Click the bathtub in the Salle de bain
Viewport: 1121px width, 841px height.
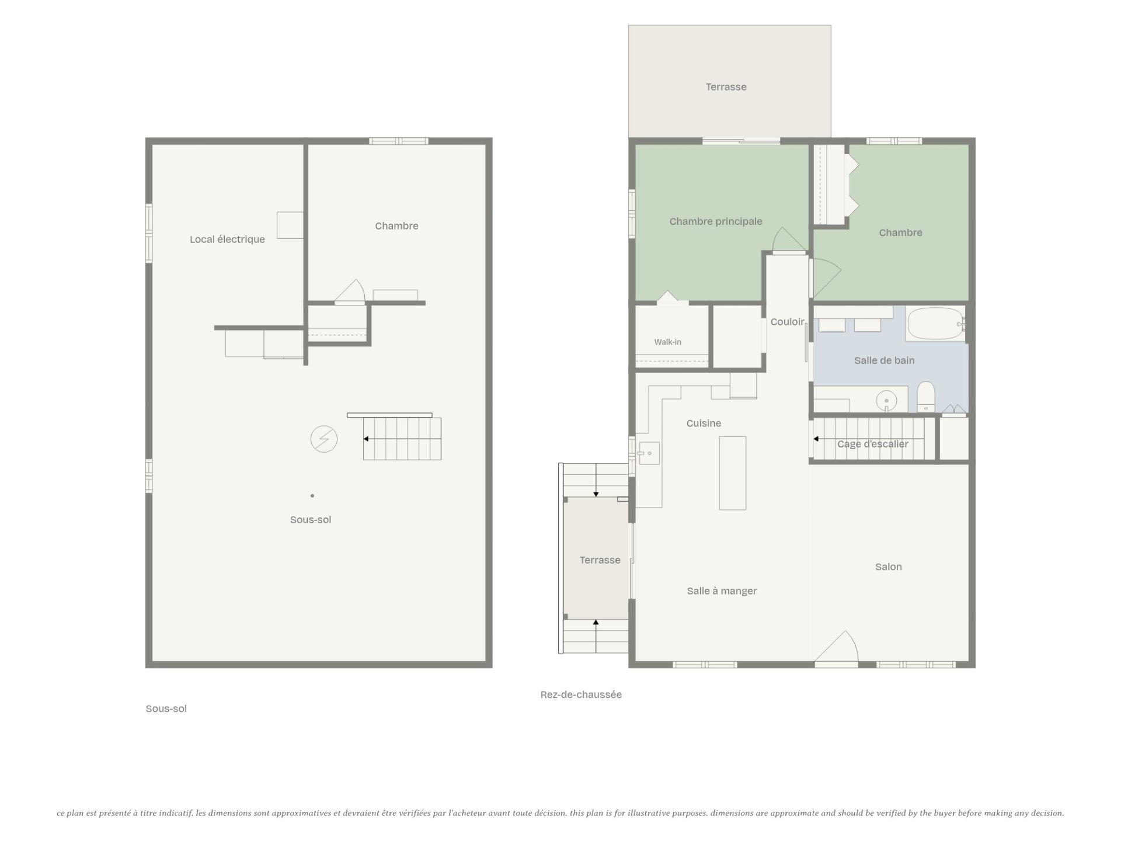(x=935, y=324)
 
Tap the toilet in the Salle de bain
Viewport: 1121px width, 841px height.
(x=926, y=397)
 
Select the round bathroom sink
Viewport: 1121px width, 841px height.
(x=886, y=401)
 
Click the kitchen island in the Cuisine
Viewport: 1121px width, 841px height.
(x=733, y=473)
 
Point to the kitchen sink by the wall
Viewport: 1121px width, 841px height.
(x=648, y=453)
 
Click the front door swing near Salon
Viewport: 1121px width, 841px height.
(x=837, y=647)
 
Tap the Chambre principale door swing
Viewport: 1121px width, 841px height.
(x=789, y=240)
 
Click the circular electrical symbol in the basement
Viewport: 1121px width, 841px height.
(x=323, y=439)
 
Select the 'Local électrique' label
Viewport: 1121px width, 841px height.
(x=227, y=239)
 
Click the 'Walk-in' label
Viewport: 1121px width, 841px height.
(x=667, y=342)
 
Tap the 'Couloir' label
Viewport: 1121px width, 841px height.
(x=788, y=322)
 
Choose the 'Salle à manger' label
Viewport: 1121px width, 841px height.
(x=722, y=591)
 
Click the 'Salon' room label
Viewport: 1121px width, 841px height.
(x=888, y=567)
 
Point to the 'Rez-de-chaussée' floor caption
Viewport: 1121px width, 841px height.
(x=581, y=694)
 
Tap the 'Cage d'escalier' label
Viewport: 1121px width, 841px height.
(x=872, y=444)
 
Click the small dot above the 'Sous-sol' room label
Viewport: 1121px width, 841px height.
(x=312, y=496)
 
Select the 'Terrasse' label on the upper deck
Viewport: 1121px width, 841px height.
(x=726, y=87)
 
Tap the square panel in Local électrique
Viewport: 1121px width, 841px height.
(x=290, y=225)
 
